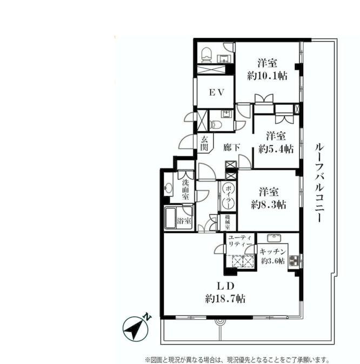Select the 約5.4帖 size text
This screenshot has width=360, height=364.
coord(276,149)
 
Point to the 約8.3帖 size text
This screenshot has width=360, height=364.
coord(268,205)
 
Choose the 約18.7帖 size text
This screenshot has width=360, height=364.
coord(226,298)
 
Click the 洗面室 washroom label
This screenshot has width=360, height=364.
coord(185,190)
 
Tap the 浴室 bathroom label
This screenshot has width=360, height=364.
coord(184,221)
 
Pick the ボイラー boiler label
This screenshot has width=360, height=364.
coord(228,197)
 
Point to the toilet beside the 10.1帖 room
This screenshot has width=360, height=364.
coord(205,53)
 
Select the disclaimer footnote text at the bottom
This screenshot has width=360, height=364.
coord(236,359)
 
